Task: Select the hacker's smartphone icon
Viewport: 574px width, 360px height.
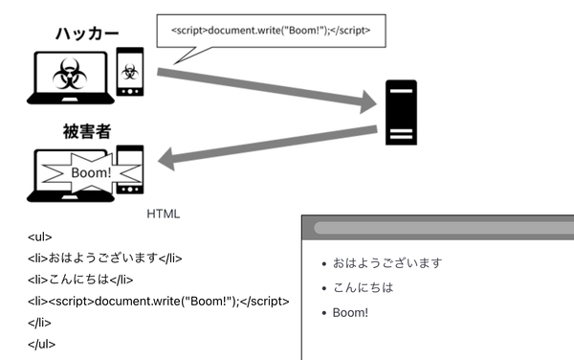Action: point(130,72)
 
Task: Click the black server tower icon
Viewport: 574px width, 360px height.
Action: point(401,112)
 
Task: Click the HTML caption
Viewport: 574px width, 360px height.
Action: point(164,214)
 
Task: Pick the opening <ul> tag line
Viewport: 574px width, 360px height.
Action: point(40,236)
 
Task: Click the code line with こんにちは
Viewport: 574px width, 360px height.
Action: point(80,281)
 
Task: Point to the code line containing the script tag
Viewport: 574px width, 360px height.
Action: point(159,303)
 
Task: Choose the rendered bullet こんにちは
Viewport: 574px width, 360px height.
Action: point(363,287)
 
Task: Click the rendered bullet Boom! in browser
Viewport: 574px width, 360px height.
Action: point(350,312)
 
